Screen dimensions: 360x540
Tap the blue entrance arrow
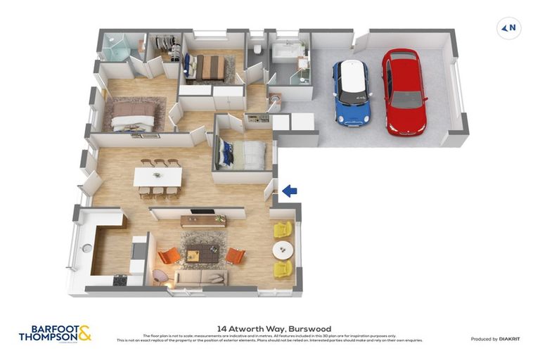click(x=289, y=190)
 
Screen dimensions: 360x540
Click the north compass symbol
click(x=508, y=29)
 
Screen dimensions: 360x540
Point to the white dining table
click(x=158, y=176)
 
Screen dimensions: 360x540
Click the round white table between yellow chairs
click(x=283, y=249)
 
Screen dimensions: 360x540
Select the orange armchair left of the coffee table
click(x=169, y=255)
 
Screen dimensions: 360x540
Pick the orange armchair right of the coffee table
click(x=235, y=255)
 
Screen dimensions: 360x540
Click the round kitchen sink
click(x=86, y=247)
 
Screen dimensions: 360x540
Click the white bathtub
click(x=286, y=51)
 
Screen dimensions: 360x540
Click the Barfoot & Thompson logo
click(x=55, y=333)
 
